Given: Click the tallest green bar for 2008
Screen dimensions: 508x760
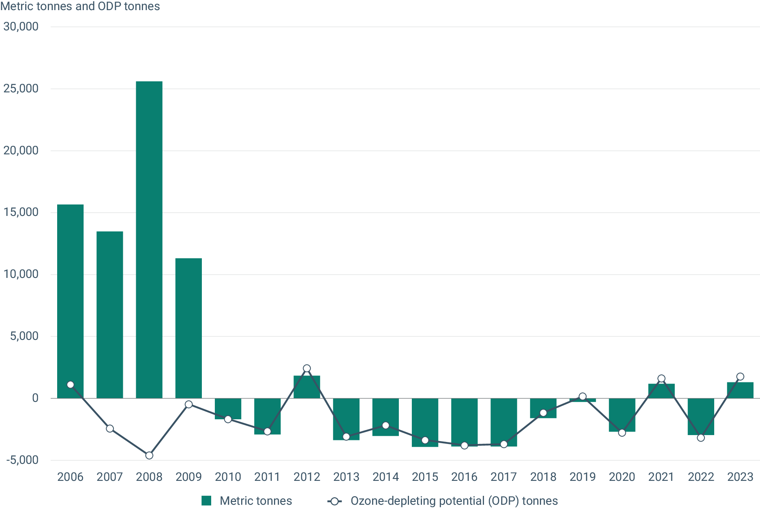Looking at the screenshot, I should (x=149, y=239).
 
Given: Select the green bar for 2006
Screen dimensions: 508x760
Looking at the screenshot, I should (x=70, y=300).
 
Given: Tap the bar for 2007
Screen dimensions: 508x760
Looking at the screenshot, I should (x=110, y=314).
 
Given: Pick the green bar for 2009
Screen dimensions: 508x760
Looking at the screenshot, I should (x=188, y=328).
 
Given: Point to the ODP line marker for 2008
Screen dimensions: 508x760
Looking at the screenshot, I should (x=149, y=455).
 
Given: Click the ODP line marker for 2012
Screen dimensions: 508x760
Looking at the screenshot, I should (x=307, y=368).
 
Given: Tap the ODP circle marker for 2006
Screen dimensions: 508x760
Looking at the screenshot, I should (x=71, y=384).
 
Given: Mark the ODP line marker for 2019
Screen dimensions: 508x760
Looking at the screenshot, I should (x=582, y=397).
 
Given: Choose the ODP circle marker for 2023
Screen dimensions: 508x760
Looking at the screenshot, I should (x=740, y=377).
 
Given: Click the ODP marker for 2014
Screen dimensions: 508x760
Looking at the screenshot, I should (x=385, y=425).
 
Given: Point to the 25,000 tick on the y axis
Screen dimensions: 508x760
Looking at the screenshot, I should (x=21, y=88).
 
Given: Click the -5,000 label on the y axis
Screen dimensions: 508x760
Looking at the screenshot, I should (x=22, y=460).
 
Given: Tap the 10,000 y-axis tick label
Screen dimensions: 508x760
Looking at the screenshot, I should (x=21, y=274).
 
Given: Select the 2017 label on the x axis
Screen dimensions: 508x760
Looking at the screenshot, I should (x=504, y=477).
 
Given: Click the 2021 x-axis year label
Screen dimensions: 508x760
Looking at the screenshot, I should (x=661, y=477).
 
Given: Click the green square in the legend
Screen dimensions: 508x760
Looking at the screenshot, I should (x=206, y=501).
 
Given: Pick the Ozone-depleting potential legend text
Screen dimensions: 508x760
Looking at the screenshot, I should (x=454, y=501).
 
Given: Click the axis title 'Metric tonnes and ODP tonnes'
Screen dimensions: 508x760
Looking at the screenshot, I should (x=80, y=6).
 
